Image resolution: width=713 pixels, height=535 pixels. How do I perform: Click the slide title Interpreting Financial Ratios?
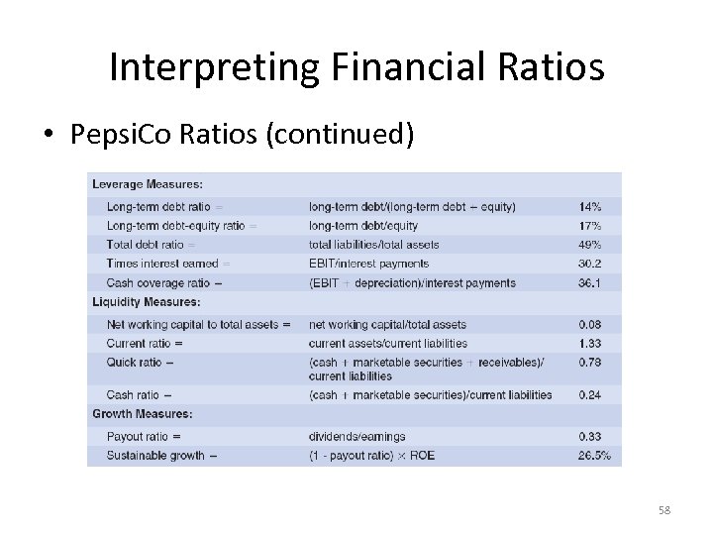pos(356,67)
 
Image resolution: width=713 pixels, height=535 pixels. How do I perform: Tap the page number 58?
pos(664,510)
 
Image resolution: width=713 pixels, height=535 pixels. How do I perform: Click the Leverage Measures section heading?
pos(148,184)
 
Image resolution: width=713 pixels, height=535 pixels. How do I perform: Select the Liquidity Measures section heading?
pos(146,302)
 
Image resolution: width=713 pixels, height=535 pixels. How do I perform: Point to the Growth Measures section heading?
pos(142,414)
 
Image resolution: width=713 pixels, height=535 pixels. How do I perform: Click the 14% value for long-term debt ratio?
pos(590,207)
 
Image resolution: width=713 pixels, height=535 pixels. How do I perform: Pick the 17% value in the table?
pos(590,226)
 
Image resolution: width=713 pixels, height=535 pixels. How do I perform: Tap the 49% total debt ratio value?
pos(590,245)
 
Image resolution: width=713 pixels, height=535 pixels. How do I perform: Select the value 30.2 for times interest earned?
pos(591,264)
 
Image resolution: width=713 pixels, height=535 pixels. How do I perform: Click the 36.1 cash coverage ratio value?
pos(591,282)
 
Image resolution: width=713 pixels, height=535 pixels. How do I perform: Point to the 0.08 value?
pos(591,324)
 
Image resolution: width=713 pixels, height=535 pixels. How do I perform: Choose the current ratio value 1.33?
pos(591,343)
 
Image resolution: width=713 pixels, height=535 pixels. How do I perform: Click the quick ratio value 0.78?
pos(591,363)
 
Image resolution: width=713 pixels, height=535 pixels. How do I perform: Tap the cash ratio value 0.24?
pos(591,394)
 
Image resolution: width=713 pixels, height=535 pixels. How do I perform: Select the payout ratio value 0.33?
pos(591,436)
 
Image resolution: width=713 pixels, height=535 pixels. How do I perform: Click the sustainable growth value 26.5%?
pos(594,456)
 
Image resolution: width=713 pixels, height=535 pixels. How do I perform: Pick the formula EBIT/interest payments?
pos(368,264)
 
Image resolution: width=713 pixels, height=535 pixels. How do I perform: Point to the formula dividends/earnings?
pos(357,436)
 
